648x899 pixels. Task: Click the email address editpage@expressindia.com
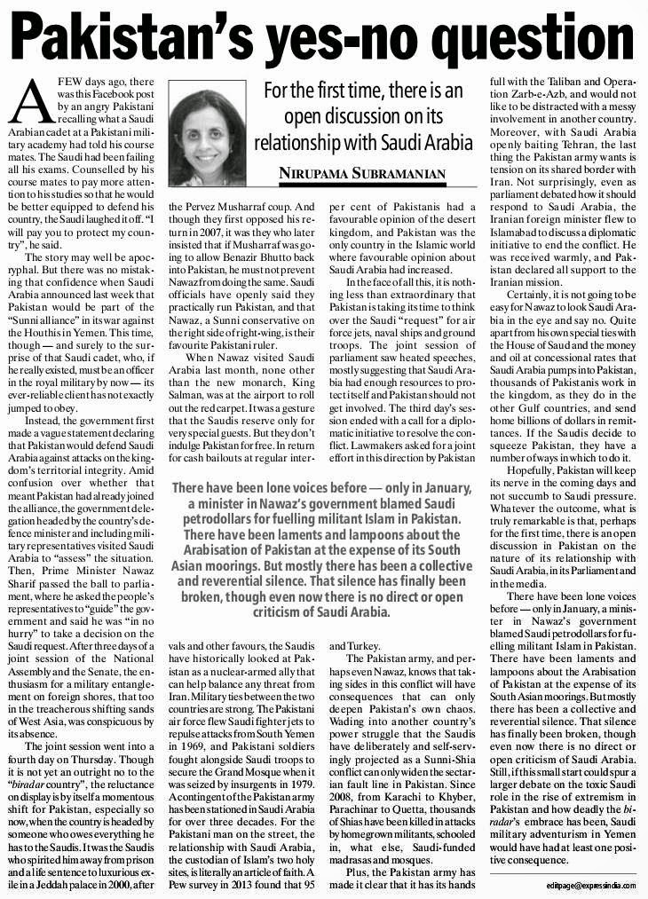[590, 886]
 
